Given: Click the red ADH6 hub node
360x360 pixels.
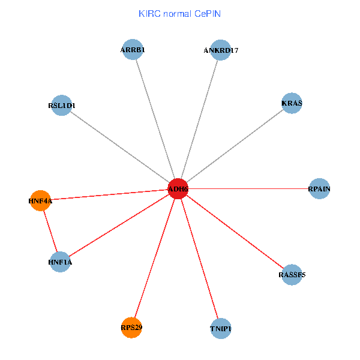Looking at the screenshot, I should tap(178, 189).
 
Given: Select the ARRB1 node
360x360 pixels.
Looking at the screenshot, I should tap(132, 50).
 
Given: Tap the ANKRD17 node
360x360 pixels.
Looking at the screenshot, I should tap(221, 50).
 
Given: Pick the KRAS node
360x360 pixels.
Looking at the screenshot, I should tap(292, 103).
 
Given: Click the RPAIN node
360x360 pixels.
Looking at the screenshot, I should tap(319, 189).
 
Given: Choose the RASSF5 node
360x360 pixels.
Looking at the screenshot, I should tap(292, 275).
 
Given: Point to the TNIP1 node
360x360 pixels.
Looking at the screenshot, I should tap(221, 328).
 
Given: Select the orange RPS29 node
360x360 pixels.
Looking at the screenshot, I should tap(131, 328).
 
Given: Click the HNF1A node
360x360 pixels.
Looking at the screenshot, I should tap(61, 262).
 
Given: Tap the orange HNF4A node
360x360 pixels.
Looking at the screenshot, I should tap(41, 200).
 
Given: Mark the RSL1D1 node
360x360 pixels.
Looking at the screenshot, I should tap(62, 106).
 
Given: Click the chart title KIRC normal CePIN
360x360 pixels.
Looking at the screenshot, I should tap(179, 13).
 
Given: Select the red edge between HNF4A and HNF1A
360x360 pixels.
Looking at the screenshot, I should tap(50, 231).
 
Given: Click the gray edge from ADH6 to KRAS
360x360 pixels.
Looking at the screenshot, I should tap(235, 146).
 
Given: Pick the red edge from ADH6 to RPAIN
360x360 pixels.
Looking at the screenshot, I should tap(249, 189).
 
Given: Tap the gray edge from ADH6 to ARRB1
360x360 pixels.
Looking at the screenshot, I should tap(155, 119).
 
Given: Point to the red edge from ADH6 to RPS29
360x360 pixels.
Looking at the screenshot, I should tap(155, 258).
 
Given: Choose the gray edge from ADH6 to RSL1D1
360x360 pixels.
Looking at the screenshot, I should tap(120, 147).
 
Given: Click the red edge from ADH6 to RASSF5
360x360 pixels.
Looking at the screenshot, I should tap(235, 232).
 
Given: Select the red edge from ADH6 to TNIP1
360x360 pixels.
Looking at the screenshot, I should tap(199, 259).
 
